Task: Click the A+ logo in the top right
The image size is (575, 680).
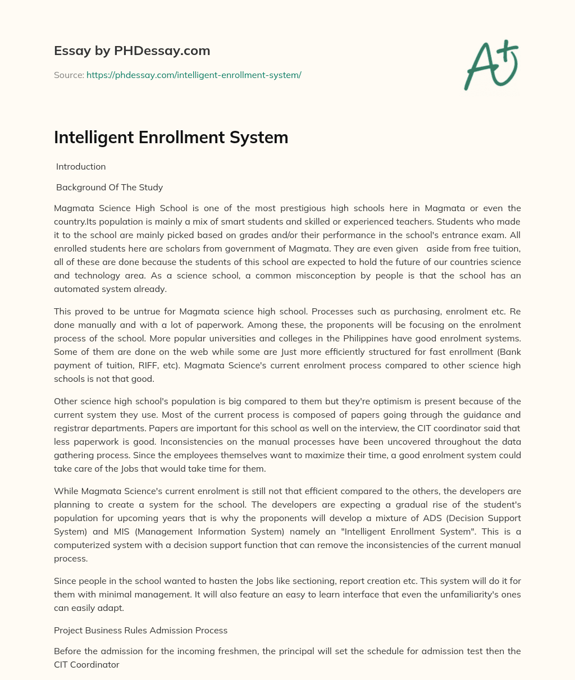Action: click(490, 65)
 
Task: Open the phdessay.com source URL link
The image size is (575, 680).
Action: click(194, 75)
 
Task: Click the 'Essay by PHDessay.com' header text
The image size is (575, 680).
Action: click(132, 51)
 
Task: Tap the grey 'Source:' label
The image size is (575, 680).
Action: click(69, 75)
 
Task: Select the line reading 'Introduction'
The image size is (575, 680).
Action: click(81, 166)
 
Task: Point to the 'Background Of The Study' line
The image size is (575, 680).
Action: click(109, 187)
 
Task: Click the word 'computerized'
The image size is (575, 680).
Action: click(82, 545)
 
